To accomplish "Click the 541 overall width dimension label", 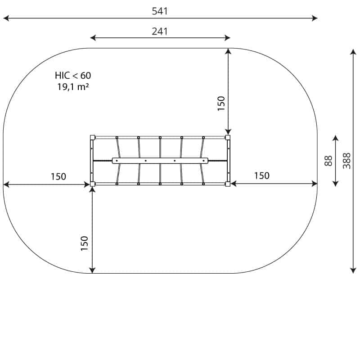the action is (160, 11).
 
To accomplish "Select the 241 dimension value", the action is (160, 31).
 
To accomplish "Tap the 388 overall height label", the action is (346, 161).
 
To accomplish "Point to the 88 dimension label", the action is (328, 161).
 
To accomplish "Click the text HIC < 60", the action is (73, 75).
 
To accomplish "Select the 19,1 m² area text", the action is (73, 87).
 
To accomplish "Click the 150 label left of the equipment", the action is (58, 176).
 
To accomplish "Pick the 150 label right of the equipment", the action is (262, 175).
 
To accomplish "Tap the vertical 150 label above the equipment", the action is (221, 103).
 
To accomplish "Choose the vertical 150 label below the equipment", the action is (85, 243).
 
